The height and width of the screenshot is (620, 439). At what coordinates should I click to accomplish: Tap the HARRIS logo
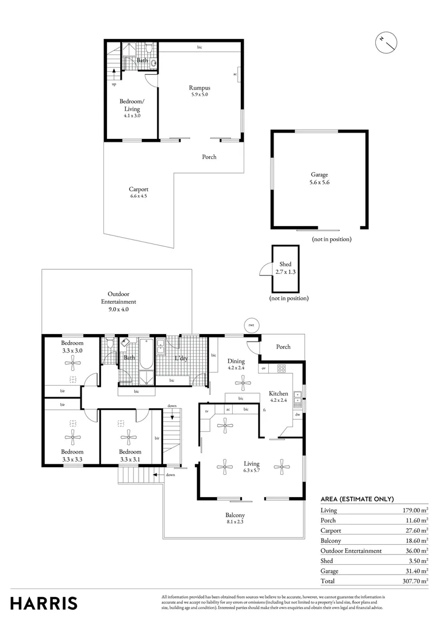coord(44,603)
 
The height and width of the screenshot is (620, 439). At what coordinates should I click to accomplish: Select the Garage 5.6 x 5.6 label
coord(319,178)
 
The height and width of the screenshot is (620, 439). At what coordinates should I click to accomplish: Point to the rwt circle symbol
coord(251,324)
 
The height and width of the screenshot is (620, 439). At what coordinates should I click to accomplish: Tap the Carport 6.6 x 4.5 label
coord(138,192)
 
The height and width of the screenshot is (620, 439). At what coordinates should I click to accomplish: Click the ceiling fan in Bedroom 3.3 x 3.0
coord(72,362)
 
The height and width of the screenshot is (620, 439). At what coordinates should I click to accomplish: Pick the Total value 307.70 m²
coord(415,581)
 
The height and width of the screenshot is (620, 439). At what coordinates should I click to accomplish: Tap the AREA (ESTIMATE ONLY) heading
coord(357,499)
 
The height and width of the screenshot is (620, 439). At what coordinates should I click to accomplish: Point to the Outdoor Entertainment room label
coord(118,301)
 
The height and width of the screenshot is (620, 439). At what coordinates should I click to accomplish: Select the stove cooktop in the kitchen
coord(282,368)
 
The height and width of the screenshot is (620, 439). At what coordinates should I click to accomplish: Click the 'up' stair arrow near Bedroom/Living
coord(114,73)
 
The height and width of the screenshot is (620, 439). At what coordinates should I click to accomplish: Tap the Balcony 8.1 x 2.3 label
coord(235,518)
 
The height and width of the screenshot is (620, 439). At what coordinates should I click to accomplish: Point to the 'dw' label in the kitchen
coord(297,414)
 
